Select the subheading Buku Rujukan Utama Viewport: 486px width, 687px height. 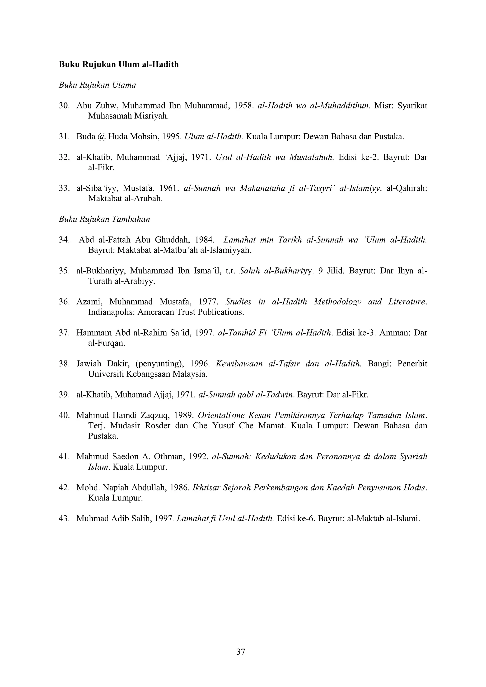point(97,85)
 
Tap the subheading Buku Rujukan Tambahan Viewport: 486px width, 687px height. point(104,219)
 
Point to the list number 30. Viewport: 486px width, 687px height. point(64,106)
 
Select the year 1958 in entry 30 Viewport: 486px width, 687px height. point(244,106)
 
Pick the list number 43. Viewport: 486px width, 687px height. point(64,519)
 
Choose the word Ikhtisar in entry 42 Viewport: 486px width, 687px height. point(207,488)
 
